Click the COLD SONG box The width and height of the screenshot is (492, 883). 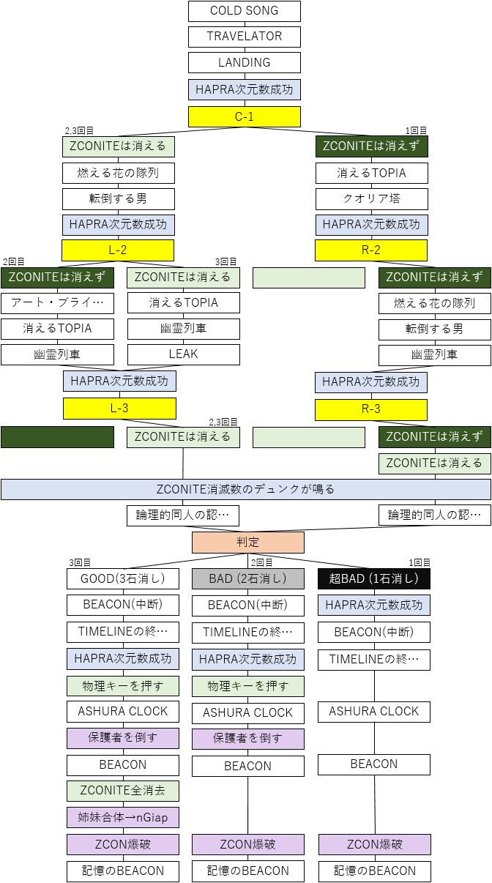point(245,11)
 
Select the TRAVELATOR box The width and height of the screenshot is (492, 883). point(245,37)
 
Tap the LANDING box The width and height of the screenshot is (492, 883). point(245,63)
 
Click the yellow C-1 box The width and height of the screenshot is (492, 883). point(245,116)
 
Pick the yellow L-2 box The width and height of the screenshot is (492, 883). point(118,250)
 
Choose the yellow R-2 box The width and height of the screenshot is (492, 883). point(371,250)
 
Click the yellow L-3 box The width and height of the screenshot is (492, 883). point(119,408)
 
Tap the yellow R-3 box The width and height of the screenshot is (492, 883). point(371,409)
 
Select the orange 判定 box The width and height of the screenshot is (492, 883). point(247,543)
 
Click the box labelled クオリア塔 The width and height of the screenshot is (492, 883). point(371,198)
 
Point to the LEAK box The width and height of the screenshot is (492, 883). point(183,354)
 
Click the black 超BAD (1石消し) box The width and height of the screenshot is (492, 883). point(373,579)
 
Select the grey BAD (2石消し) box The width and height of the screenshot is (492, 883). point(247,579)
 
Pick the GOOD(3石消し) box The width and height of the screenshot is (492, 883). point(123,579)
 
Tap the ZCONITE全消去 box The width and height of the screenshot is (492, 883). point(123,791)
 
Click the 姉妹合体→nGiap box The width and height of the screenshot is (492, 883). point(123,817)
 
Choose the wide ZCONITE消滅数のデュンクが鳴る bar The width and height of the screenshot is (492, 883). point(246,489)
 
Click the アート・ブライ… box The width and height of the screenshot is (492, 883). point(57,302)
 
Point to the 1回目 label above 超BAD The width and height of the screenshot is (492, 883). point(420,562)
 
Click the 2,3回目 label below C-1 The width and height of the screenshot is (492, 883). point(79,130)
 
